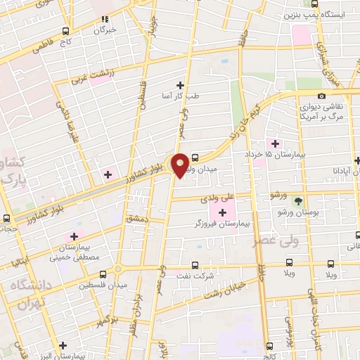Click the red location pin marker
181,165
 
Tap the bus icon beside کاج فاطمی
65,32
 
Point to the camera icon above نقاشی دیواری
321,96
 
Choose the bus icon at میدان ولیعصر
195,158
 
